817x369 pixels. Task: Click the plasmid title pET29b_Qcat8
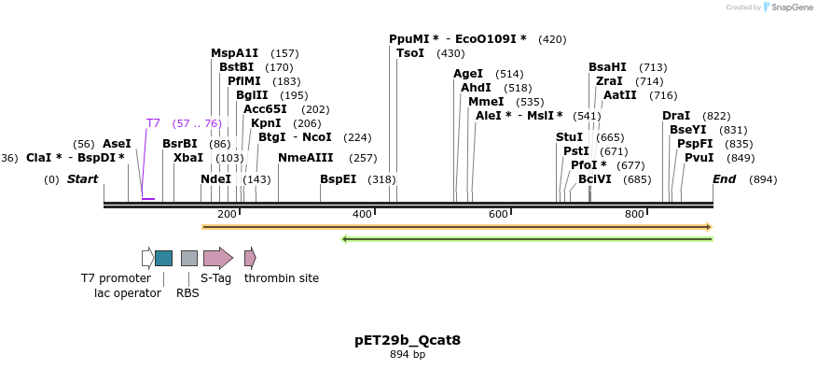point(408,340)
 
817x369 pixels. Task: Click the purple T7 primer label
point(153,123)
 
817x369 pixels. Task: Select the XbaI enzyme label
point(187,158)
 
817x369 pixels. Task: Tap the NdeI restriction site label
point(215,179)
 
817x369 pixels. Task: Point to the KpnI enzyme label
point(266,123)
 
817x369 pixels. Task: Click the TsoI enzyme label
point(410,53)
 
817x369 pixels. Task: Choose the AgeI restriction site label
point(468,74)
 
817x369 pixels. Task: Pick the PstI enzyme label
point(575,151)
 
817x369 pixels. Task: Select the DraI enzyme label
point(676,116)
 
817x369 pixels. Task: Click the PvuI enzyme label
point(699,158)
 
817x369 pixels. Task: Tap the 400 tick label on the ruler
point(362,215)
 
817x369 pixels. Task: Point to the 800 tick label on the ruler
point(634,215)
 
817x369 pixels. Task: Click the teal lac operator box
point(163,258)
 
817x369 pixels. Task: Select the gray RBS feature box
point(189,258)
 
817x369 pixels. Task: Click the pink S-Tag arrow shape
point(218,258)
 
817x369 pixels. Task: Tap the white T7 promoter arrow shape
point(147,258)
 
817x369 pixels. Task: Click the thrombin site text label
point(282,278)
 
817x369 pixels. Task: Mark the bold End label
point(724,179)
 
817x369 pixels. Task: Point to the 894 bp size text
point(408,355)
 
